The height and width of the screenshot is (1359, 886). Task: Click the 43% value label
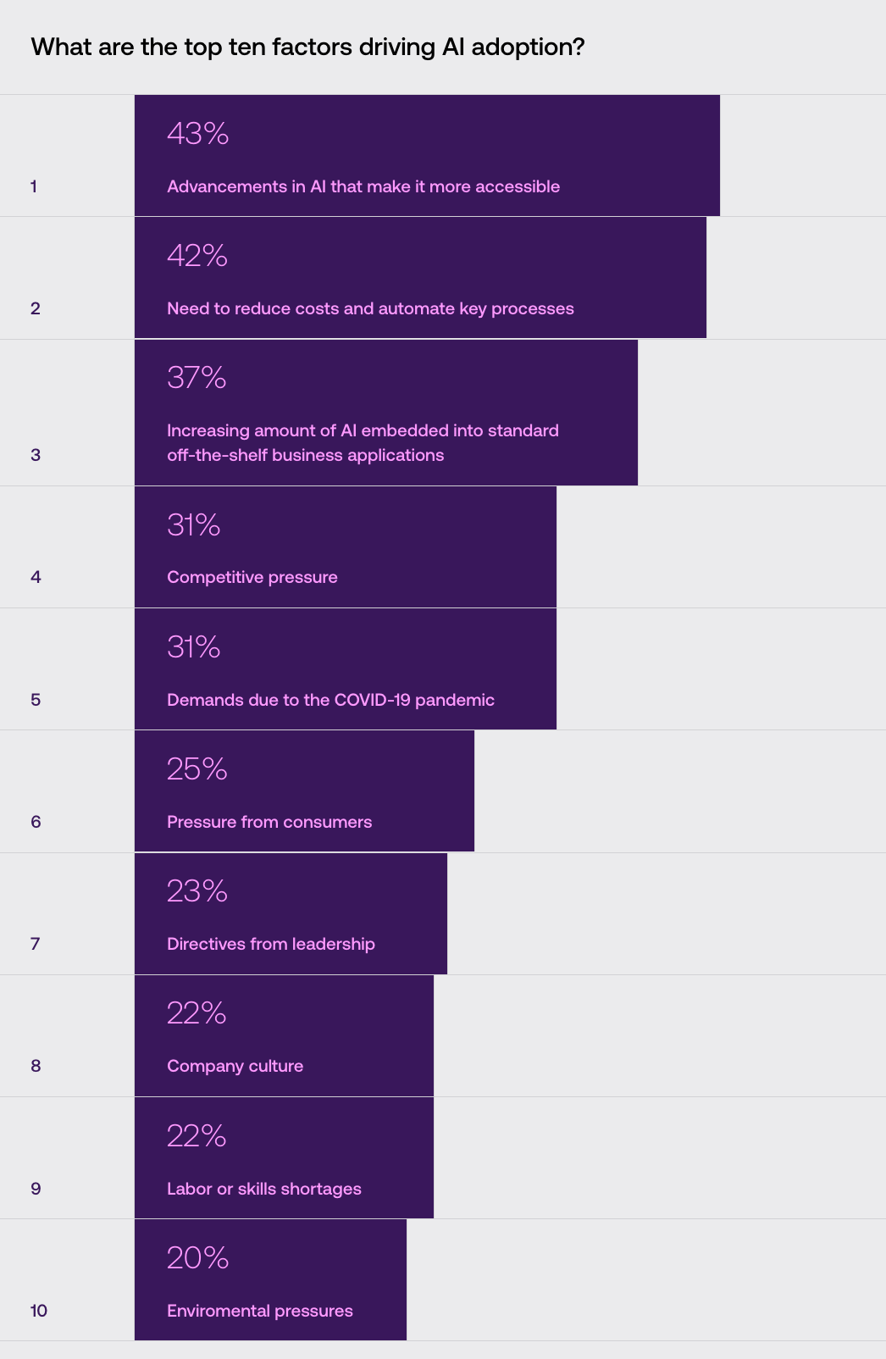pos(197,134)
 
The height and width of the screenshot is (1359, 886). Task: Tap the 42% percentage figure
pos(197,256)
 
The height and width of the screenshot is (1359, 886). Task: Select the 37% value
pos(197,378)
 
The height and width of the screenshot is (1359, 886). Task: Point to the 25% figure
pos(197,769)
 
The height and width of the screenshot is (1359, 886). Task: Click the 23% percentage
pos(197,891)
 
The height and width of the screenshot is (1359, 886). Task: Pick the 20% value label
pos(197,1258)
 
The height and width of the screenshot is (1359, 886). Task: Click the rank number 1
pos(34,186)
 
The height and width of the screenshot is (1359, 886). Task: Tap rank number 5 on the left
pos(36,700)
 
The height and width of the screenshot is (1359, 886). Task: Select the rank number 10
pos(39,1311)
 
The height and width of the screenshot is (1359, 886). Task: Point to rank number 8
pos(36,1066)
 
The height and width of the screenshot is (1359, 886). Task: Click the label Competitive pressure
pos(252,577)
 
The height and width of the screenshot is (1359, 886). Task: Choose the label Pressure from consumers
pos(269,822)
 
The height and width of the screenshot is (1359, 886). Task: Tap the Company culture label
pos(235,1066)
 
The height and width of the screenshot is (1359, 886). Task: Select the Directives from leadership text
pos(271,944)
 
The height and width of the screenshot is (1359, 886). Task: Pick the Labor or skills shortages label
pos(264,1189)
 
